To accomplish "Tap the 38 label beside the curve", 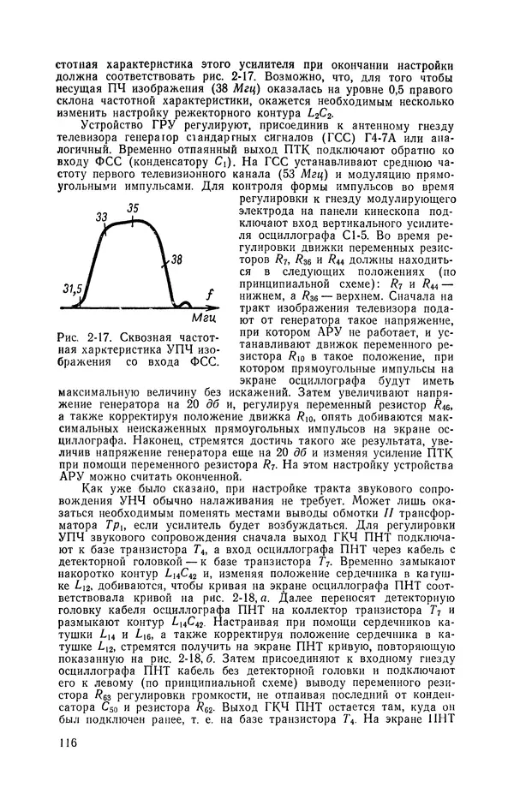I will [177, 259].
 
